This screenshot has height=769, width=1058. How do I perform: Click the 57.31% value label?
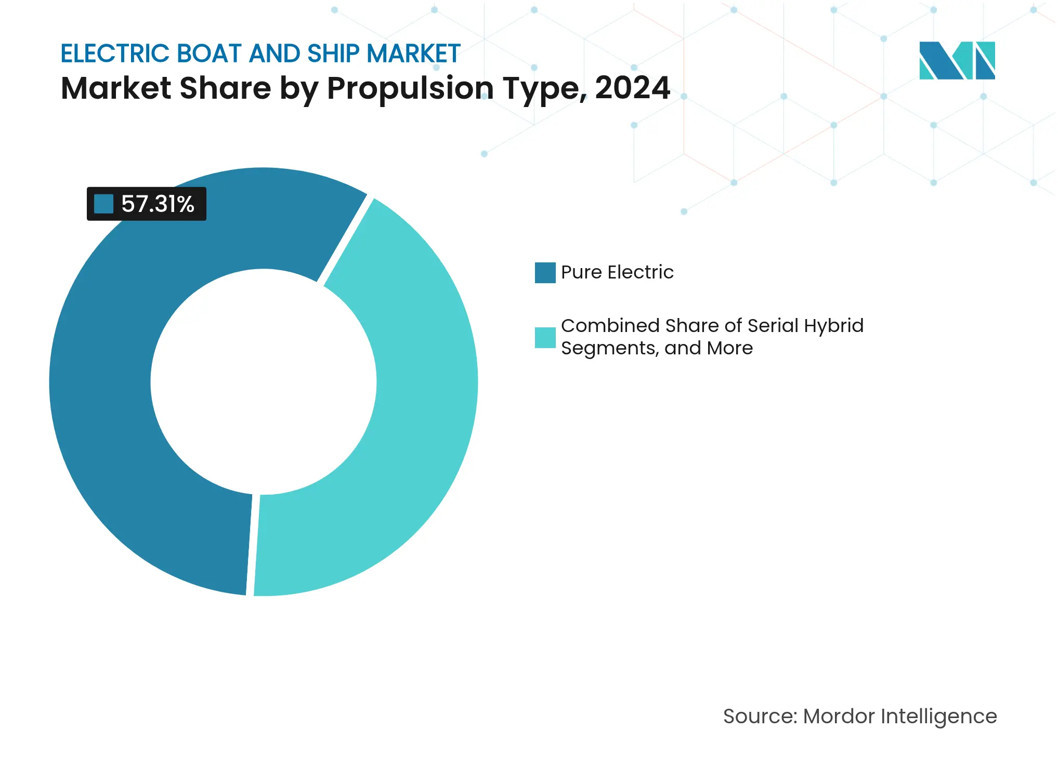158,204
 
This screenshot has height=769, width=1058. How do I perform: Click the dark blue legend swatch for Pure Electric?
545,273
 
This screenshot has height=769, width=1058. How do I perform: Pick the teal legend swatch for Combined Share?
545,338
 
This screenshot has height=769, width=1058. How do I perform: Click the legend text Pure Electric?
617,272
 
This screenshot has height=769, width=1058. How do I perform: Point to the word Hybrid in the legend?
833,326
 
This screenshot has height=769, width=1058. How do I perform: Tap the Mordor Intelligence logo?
957,61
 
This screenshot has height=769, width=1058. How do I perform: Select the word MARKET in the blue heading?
413,54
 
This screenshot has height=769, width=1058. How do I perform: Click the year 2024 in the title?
632,88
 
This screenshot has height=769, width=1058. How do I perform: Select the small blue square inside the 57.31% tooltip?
103,204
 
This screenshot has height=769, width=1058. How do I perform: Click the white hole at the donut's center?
264,382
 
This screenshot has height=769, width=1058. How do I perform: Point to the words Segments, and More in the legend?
657,348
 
